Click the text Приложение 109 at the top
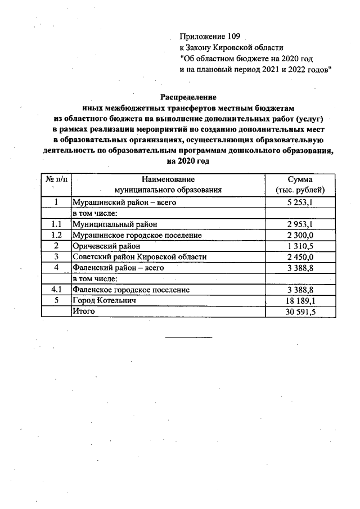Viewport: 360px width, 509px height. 205,37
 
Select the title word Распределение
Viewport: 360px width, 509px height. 188,97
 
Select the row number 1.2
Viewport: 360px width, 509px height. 56,235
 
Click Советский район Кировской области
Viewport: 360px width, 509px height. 139,256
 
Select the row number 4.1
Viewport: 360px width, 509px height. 56,290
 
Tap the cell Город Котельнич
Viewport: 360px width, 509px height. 105,300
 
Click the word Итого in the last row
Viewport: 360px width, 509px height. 84,311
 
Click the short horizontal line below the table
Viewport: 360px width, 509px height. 188,337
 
